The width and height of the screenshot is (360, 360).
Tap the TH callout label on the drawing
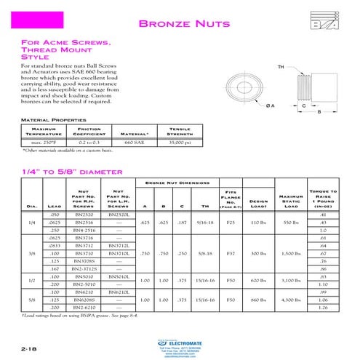pyautogui.click(x=281, y=68)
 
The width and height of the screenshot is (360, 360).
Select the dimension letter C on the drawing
pyautogui.click(x=303, y=106)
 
